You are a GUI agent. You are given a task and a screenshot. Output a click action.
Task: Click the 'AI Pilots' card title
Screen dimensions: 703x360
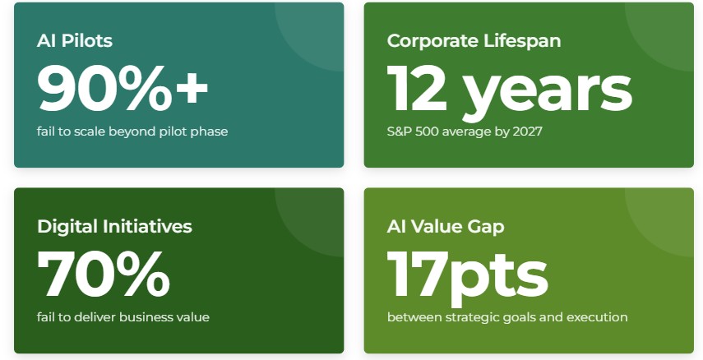coord(75,41)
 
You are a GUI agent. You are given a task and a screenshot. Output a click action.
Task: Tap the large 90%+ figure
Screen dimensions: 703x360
coord(123,88)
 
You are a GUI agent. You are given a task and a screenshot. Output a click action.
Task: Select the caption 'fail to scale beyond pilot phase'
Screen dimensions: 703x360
coord(132,132)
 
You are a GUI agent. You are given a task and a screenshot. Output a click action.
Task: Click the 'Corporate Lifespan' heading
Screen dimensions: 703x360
coord(474,41)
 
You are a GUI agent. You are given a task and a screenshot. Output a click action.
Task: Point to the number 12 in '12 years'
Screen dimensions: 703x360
coord(418,88)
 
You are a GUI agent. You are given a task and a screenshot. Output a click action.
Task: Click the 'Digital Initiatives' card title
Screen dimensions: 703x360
coord(114,226)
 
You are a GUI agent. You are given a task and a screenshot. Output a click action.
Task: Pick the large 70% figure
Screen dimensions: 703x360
coord(104,274)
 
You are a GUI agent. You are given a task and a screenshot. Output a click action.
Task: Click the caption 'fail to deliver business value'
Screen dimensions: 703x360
coord(123,317)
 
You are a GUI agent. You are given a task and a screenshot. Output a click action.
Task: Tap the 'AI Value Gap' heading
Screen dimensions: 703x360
coord(446,227)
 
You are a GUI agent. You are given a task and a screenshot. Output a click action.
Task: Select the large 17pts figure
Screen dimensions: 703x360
coord(468,278)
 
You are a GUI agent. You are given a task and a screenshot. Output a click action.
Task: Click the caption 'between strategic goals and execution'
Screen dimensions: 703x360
coord(507,317)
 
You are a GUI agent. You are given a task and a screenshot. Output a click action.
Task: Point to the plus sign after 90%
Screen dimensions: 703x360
coord(192,89)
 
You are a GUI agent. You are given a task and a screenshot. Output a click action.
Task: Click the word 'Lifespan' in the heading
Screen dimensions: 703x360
coord(522,41)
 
